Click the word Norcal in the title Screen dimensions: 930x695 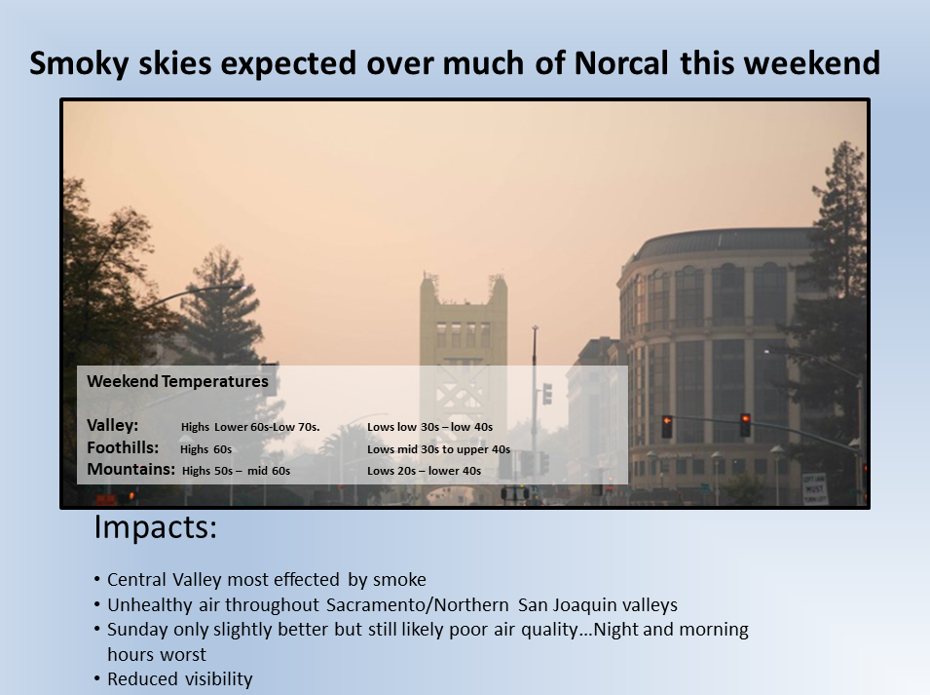[621, 63]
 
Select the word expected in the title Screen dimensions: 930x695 [289, 64]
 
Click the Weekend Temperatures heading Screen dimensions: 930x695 [177, 382]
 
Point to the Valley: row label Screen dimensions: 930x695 [113, 426]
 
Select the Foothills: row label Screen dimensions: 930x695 [123, 447]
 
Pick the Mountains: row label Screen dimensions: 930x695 [131, 470]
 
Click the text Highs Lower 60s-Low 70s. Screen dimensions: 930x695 [250, 427]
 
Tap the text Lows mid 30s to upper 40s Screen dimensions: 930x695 [438, 449]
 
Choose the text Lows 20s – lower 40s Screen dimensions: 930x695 [424, 471]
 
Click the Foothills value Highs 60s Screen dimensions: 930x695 [205, 449]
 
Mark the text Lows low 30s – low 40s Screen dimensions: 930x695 [430, 427]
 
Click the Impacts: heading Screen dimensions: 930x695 [156, 527]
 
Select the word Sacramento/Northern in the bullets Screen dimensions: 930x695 [418, 604]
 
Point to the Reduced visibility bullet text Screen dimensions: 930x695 [180, 679]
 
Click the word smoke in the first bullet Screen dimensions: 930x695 [400, 579]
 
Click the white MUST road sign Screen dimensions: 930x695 [814, 489]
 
